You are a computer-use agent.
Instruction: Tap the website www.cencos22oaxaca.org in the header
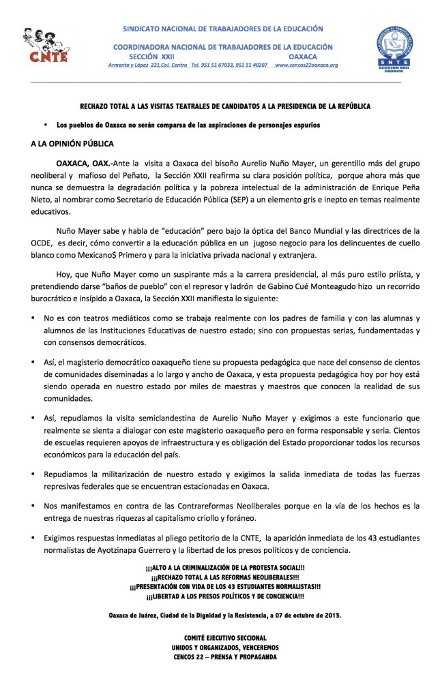pyautogui.click(x=306, y=65)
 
